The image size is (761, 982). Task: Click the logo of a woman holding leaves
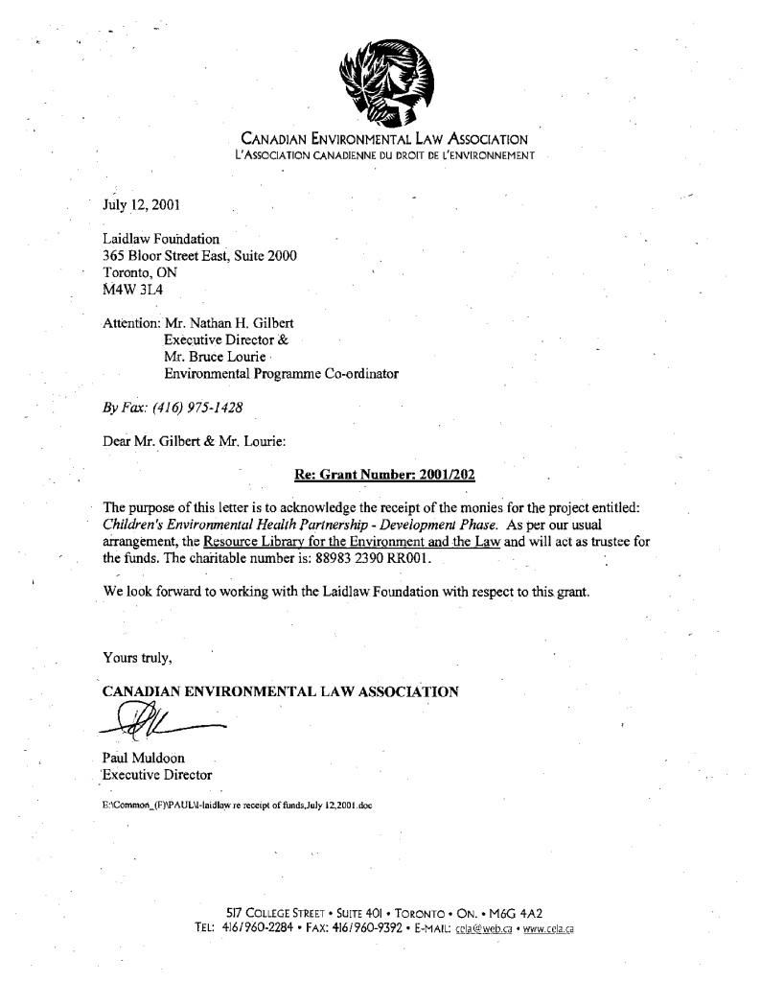(x=387, y=81)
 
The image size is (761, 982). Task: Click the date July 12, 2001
(x=141, y=204)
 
